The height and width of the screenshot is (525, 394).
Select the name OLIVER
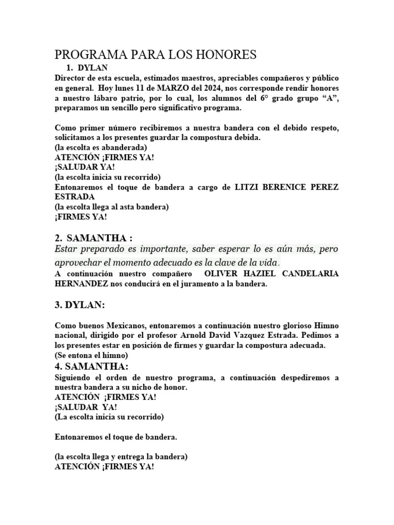click(220, 274)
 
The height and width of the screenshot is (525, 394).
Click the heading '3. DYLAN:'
click(80, 305)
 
